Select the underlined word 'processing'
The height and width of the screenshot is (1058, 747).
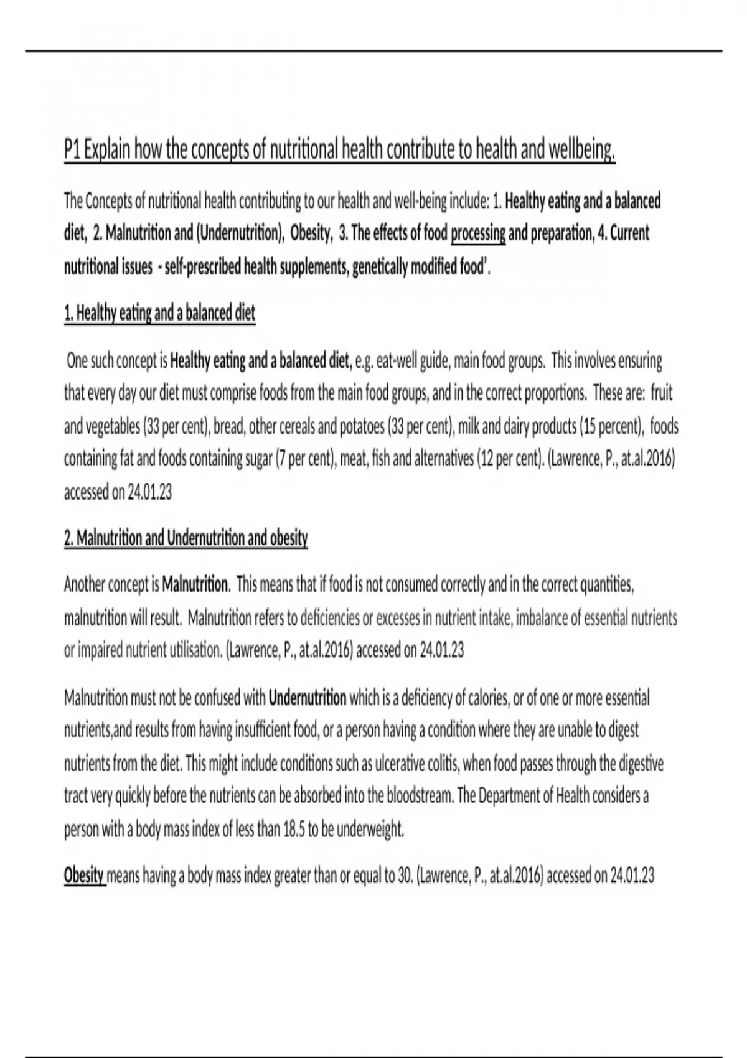click(477, 233)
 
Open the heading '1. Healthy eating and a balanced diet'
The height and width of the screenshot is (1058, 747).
click(159, 312)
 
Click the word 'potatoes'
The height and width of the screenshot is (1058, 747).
click(360, 426)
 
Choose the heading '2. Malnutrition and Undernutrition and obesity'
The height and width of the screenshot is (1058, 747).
click(186, 538)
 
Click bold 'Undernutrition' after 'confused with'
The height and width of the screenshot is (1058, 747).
click(307, 698)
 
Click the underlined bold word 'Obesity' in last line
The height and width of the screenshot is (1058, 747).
click(83, 876)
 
